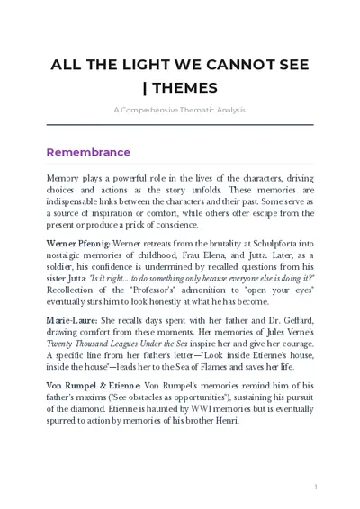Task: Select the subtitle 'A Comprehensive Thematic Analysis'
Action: (x=179, y=110)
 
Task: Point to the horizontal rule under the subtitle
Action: (x=179, y=124)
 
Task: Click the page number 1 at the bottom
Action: (x=316, y=487)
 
